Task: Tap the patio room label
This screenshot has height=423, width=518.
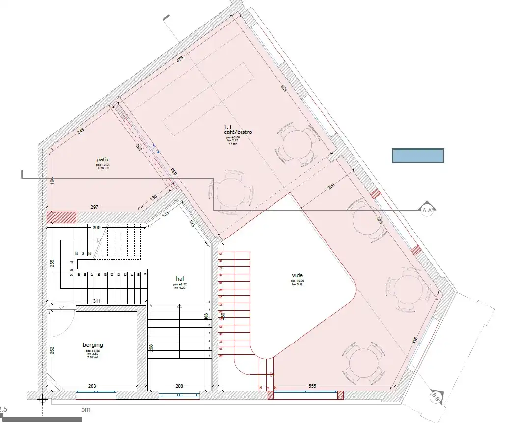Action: [x=103, y=159]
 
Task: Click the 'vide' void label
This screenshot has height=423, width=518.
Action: [x=297, y=276]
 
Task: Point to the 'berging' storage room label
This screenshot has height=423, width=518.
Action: [x=92, y=345]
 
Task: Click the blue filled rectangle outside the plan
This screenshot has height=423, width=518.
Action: [x=418, y=156]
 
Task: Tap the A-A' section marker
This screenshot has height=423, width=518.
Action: [x=427, y=210]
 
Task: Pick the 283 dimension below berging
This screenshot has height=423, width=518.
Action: [x=93, y=386]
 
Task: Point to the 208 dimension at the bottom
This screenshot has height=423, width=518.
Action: [x=179, y=386]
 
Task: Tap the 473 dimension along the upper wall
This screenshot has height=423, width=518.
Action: [x=180, y=59]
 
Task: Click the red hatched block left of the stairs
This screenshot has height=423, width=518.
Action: [x=61, y=217]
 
